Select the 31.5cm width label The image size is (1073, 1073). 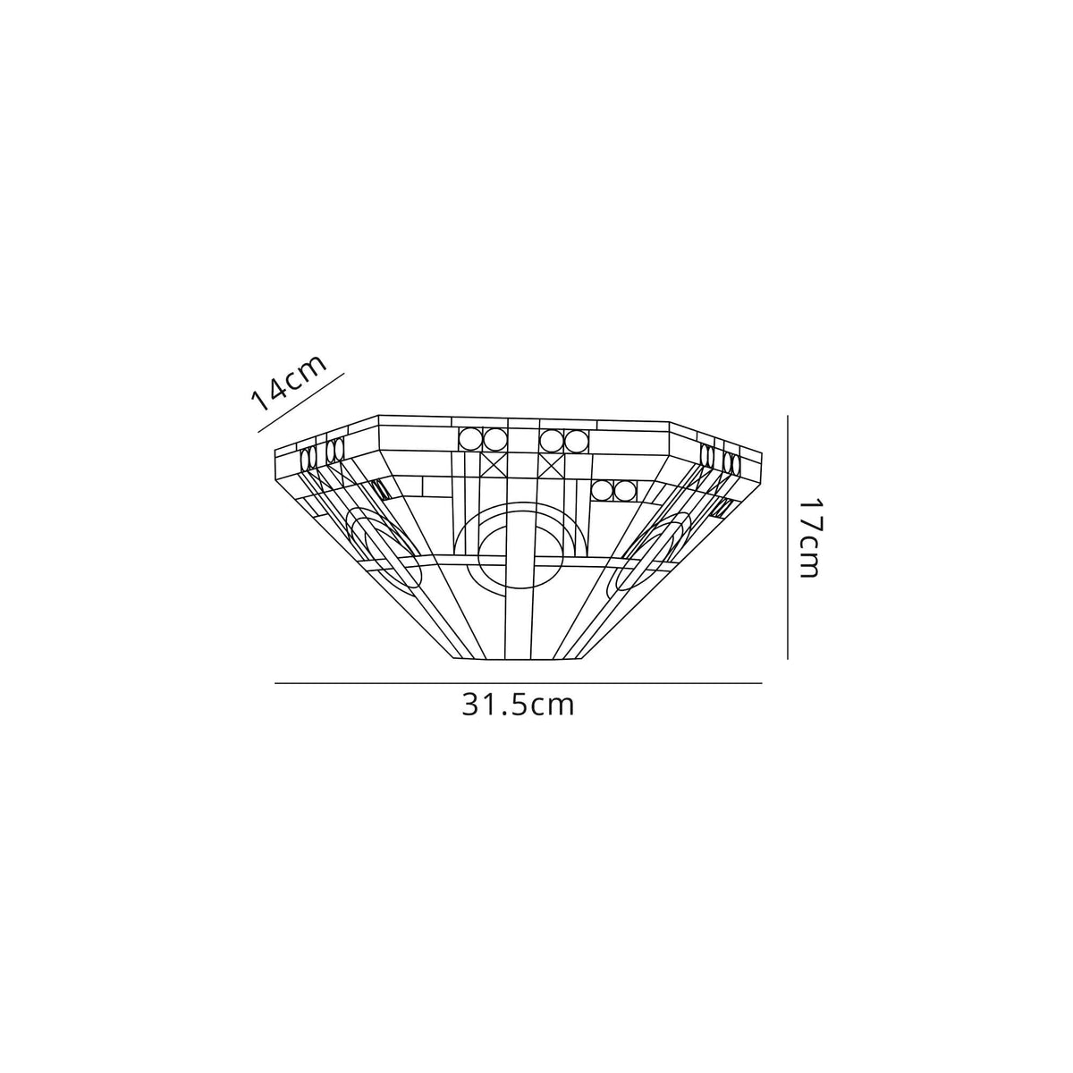518,705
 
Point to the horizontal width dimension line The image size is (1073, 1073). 518,684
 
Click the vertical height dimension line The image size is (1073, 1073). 787,536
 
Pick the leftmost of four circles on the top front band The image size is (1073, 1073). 470,439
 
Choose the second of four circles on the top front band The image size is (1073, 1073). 495,439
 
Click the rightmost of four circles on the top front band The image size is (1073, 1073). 574,440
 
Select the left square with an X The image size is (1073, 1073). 494,466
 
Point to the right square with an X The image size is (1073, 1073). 551,466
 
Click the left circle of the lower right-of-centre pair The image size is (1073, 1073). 603,491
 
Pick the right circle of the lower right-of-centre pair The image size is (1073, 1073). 624,491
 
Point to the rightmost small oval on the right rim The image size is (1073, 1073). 736,463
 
